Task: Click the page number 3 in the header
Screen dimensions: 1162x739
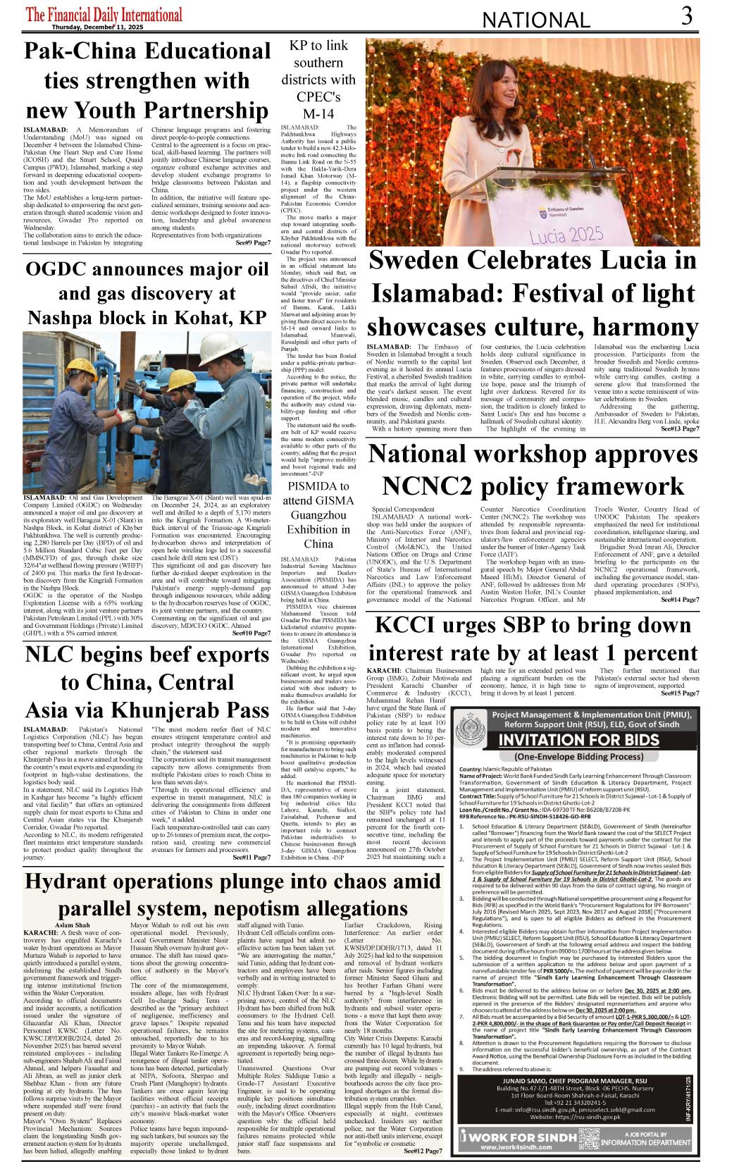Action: tap(686, 16)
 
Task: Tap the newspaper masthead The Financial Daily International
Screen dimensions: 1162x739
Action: tap(104, 14)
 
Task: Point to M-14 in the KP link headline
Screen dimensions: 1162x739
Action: tap(318, 113)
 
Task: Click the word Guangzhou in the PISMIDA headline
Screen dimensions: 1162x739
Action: tap(318, 515)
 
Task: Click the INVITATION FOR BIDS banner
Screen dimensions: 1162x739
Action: tap(578, 740)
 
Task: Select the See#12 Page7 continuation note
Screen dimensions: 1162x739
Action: tap(423, 1151)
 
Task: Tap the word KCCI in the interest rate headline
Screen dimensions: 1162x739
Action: tap(406, 626)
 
